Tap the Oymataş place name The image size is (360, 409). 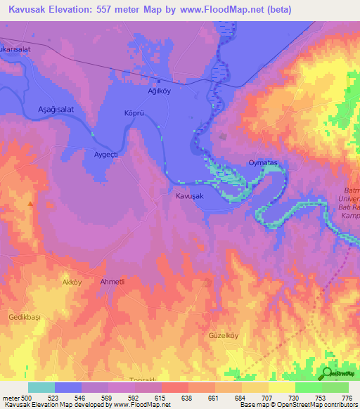(264, 163)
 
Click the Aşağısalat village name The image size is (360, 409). (56, 110)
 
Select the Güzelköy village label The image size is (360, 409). (224, 336)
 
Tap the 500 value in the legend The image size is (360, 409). (25, 397)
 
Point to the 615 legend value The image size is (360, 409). (161, 397)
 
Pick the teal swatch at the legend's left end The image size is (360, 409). (41, 387)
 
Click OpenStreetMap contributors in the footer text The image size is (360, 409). (312, 405)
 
